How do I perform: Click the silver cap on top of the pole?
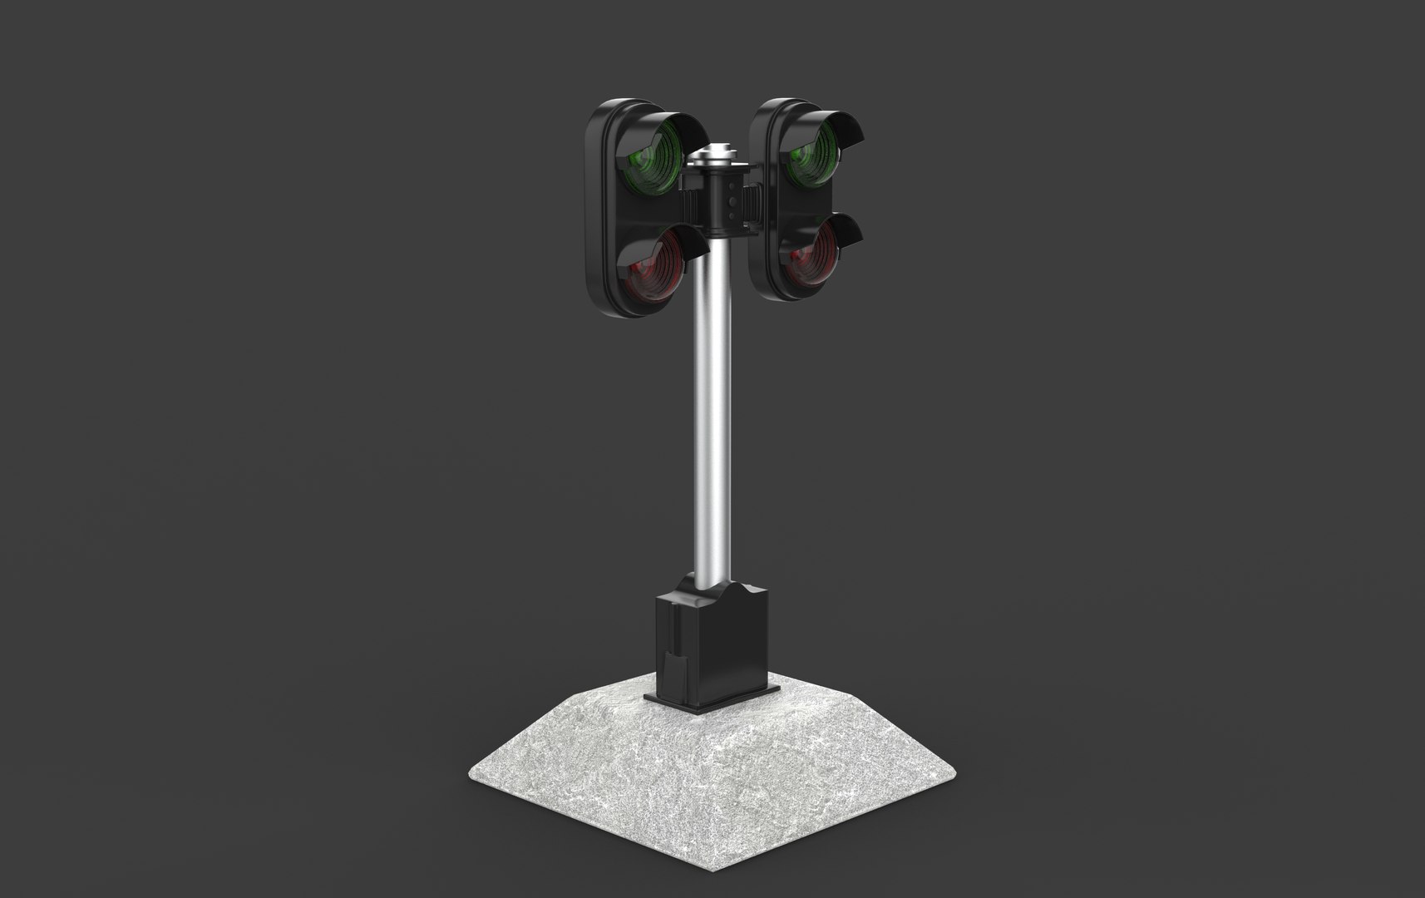[x=716, y=155]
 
